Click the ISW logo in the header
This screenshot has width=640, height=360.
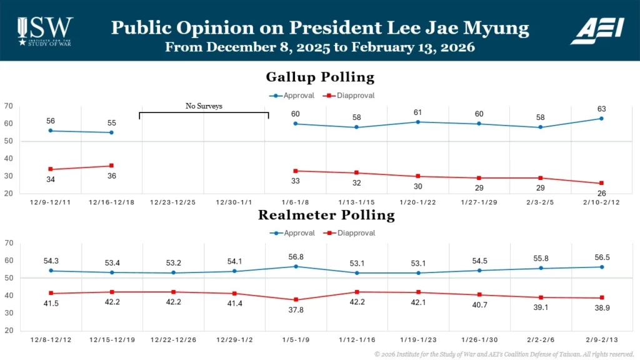pos(44,30)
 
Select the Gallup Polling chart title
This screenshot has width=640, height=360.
pos(320,77)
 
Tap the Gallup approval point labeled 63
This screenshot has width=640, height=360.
pos(601,118)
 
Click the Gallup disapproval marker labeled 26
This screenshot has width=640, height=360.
pos(601,183)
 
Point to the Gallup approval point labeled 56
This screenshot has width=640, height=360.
pos(50,131)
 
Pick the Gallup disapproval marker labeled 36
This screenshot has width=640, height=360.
pos(111,166)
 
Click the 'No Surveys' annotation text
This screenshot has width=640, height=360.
pos(204,106)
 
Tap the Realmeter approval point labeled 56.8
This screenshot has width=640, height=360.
pos(296,266)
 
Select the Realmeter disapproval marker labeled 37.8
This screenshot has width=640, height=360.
pos(296,300)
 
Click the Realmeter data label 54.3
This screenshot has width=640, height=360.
pos(50,260)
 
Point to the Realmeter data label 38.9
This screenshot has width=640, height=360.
pos(601,309)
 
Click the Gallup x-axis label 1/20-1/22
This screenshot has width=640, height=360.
pos(418,202)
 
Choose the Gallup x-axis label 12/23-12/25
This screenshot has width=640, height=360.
pos(173,202)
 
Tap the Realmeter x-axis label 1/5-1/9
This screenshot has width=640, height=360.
pos(296,339)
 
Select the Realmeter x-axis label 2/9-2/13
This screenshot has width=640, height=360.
pos(601,339)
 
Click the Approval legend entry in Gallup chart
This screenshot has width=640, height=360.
pos(296,96)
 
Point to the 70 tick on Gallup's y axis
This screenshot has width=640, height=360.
pos(9,106)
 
